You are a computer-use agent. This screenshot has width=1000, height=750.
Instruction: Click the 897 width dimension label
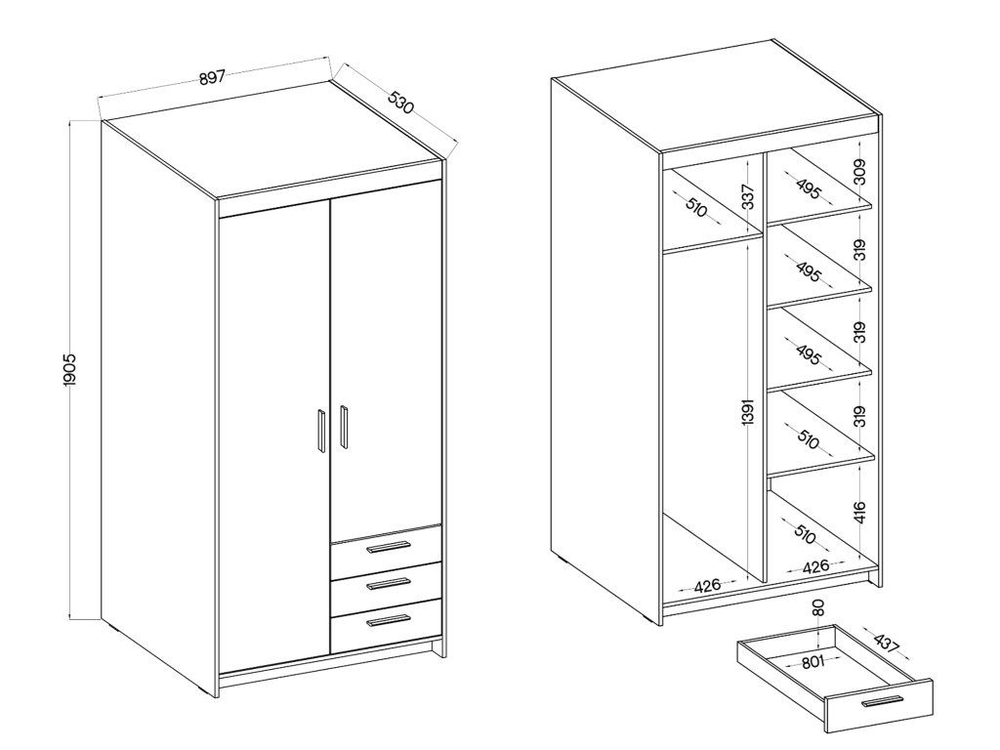(x=212, y=78)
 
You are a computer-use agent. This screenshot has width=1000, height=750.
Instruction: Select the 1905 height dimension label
(x=70, y=368)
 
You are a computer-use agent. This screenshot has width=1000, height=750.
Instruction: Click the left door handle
(x=320, y=431)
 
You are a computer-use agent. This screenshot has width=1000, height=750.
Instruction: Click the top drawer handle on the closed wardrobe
(x=388, y=547)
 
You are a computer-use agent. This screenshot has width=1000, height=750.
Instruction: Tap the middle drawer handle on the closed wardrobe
(x=388, y=584)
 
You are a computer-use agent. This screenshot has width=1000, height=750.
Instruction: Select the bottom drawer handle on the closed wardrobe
(x=388, y=620)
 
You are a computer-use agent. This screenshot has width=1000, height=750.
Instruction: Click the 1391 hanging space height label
(x=749, y=412)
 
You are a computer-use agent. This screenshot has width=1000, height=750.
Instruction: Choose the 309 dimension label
(x=860, y=172)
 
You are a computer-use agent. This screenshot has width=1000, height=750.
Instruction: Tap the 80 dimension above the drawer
(x=818, y=607)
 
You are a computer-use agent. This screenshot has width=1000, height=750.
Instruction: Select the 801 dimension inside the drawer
(x=812, y=661)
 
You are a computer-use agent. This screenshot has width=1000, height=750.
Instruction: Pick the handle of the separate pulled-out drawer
(x=882, y=701)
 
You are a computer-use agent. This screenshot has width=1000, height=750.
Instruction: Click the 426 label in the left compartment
(x=707, y=585)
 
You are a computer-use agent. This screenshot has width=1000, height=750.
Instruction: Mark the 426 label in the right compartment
(x=815, y=565)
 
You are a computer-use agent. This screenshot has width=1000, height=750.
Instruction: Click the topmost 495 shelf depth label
(x=808, y=188)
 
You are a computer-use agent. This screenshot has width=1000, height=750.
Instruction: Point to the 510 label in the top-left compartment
(x=696, y=207)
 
